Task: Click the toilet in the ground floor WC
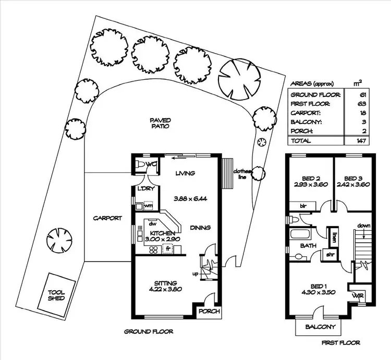click(x=138, y=165)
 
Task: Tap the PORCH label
click(x=210, y=312)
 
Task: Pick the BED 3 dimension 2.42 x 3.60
click(x=353, y=184)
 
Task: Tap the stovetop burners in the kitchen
click(x=154, y=250)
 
